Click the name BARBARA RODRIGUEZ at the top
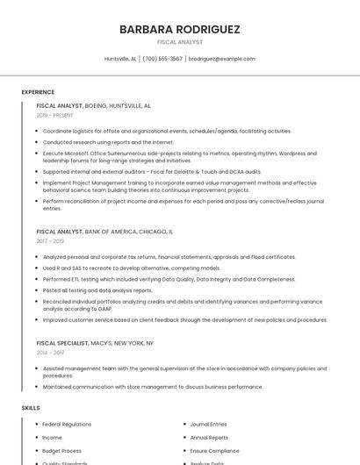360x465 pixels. [179, 29]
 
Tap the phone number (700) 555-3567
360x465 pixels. [162, 59]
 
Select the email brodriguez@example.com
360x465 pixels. [221, 59]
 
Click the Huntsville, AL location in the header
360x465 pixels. [120, 59]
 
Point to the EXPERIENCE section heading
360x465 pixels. [38, 92]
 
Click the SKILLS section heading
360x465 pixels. [31, 408]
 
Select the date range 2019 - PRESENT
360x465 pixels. [54, 115]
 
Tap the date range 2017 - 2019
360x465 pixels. [50, 240]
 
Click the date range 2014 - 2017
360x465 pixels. [50, 353]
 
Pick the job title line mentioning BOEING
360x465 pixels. [93, 105]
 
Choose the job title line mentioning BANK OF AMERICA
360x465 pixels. [104, 232]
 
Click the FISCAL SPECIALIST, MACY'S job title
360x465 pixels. [95, 343]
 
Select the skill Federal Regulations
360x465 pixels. [67, 425]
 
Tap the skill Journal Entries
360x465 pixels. [208, 425]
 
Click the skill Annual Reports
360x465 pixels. [209, 437]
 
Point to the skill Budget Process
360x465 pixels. [61, 450]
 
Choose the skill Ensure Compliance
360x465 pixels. [214, 450]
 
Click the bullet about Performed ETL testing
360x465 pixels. [169, 279]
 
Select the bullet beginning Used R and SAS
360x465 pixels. [132, 268]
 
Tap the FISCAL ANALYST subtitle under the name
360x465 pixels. [179, 41]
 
